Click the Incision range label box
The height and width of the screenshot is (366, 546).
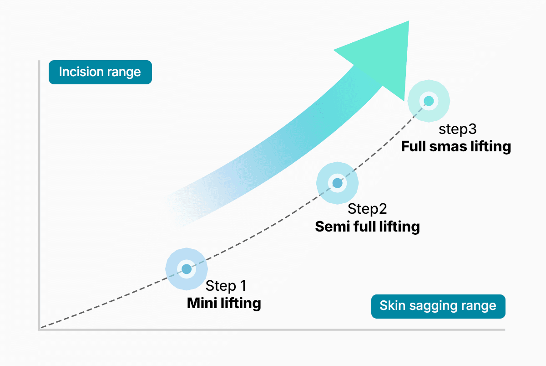pyautogui.click(x=100, y=72)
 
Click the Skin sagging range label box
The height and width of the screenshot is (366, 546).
pyautogui.click(x=438, y=306)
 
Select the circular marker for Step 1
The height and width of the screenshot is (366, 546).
pyautogui.click(x=187, y=269)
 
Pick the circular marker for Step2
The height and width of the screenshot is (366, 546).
pyautogui.click(x=337, y=183)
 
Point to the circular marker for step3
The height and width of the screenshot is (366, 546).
pyautogui.click(x=429, y=101)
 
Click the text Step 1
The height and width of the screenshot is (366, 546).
pyautogui.click(x=226, y=286)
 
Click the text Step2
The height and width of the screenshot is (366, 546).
pyautogui.click(x=367, y=209)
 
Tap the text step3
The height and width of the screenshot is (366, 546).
pyautogui.click(x=458, y=129)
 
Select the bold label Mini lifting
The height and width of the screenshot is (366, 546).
pyautogui.click(x=224, y=303)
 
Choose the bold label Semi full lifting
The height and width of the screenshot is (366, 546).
pyautogui.click(x=367, y=227)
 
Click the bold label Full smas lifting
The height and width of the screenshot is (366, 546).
pyautogui.click(x=455, y=147)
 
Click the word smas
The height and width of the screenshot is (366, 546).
pyautogui.click(x=450, y=147)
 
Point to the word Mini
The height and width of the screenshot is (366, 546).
pyautogui.click(x=201, y=303)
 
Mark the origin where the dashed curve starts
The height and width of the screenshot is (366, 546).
pyautogui.click(x=40, y=327)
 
